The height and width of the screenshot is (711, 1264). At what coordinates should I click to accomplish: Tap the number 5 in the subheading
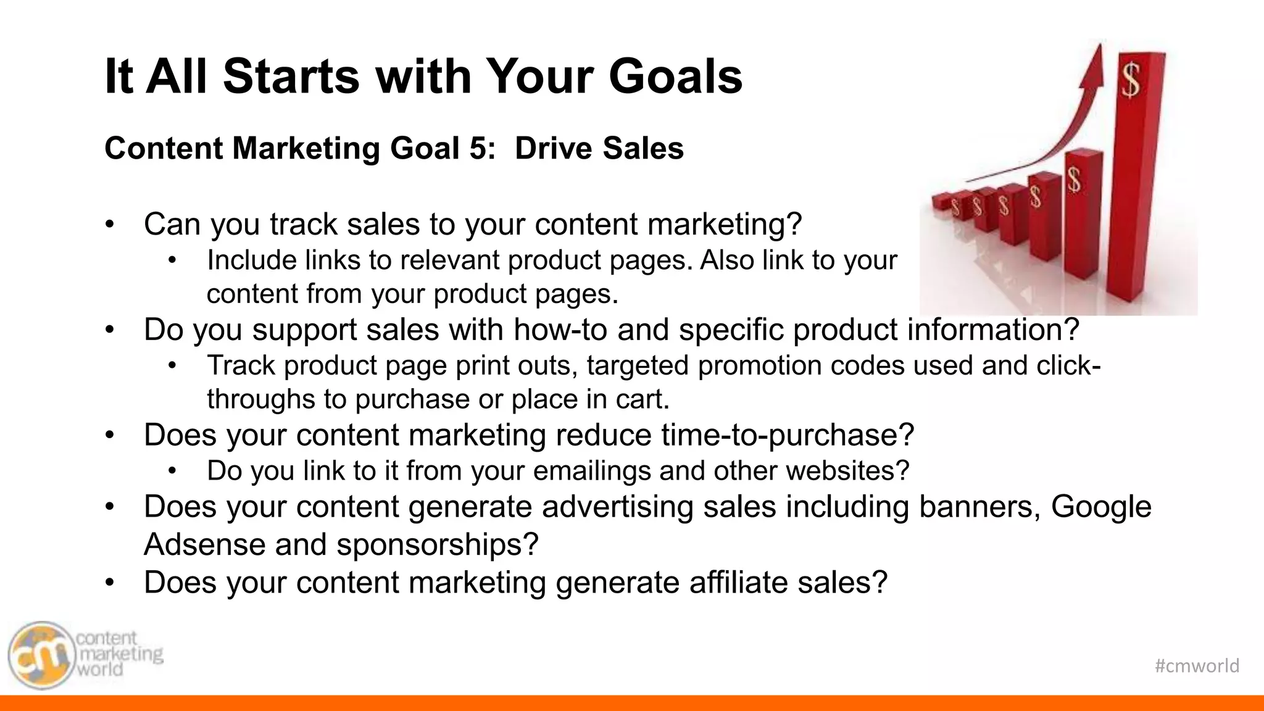click(x=478, y=149)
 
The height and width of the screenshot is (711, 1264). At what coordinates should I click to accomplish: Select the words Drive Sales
click(x=599, y=149)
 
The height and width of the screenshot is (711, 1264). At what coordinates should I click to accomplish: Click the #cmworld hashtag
click(x=1197, y=665)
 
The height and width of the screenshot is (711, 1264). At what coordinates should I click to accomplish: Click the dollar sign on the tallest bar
click(x=1131, y=81)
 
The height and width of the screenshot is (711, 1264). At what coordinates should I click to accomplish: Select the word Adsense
click(x=204, y=545)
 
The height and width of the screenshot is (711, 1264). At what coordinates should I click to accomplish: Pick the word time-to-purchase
click(x=787, y=435)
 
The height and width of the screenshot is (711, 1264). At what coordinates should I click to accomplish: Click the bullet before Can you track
click(x=110, y=225)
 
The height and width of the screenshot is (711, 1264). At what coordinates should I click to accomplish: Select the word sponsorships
click(x=437, y=545)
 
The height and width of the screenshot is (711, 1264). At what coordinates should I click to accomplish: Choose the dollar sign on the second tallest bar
click(x=1075, y=180)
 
